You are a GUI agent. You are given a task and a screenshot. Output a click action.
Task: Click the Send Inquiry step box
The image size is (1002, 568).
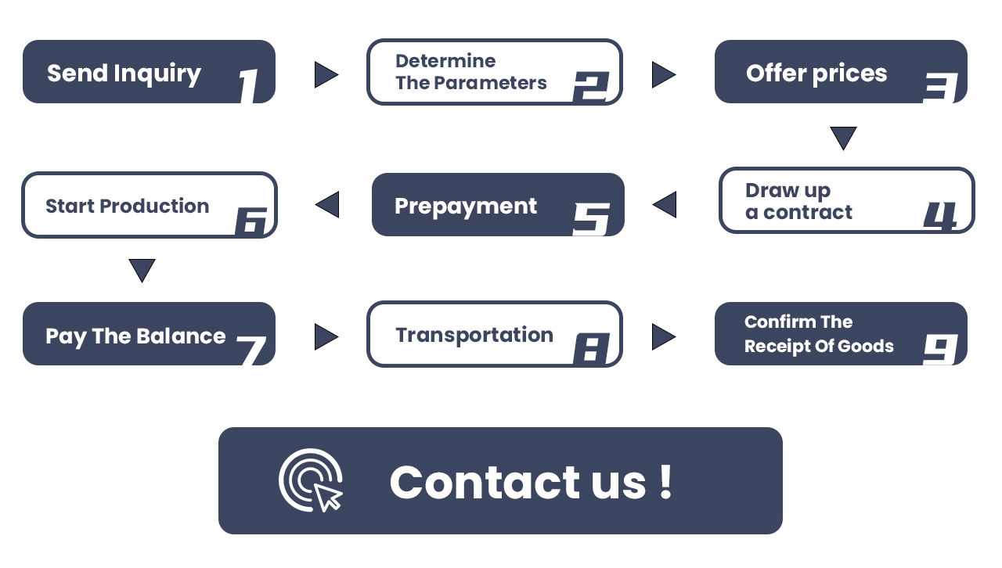tap(149, 72)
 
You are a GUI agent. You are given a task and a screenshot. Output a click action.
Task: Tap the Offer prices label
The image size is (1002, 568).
tap(816, 74)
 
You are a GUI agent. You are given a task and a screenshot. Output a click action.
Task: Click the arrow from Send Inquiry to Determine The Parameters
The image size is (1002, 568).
tap(326, 75)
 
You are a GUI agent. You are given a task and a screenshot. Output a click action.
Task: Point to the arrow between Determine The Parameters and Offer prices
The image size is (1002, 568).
tap(663, 75)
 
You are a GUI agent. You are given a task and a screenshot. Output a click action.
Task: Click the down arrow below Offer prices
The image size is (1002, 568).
tap(843, 138)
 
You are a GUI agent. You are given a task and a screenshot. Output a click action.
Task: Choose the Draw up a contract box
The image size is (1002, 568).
tap(846, 200)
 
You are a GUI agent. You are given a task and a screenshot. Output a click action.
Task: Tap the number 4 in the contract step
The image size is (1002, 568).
tap(940, 217)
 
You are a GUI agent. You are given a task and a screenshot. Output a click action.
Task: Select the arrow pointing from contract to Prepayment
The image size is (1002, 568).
tap(665, 205)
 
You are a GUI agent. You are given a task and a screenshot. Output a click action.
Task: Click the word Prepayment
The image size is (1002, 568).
tap(466, 207)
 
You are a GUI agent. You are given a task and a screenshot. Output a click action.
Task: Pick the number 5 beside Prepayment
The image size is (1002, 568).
tap(591, 219)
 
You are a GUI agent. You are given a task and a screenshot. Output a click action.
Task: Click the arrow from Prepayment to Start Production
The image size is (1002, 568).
tap(327, 205)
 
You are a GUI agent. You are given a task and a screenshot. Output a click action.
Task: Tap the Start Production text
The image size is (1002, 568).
tap(127, 207)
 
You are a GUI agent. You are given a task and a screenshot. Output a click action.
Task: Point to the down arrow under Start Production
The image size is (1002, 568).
tap(142, 271)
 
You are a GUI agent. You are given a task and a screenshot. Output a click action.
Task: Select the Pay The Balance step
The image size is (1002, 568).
tap(149, 334)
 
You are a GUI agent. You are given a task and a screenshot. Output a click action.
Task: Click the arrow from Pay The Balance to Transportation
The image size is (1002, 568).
tap(326, 337)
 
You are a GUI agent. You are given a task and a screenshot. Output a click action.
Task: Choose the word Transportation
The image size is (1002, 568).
tap(474, 335)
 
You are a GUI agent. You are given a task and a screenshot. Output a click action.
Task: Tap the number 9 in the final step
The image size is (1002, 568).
tap(940, 348)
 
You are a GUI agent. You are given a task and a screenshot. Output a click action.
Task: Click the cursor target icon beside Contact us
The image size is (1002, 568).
tap(312, 480)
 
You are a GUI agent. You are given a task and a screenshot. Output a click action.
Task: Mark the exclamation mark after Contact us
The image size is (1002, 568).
tap(665, 480)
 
